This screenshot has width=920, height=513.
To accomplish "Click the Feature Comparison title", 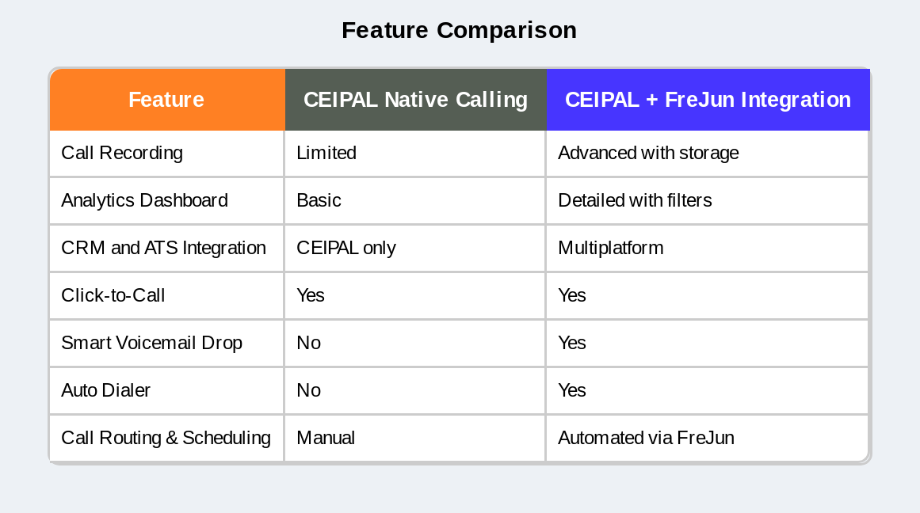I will point(459,30).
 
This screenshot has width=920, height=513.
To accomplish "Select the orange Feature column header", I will point(166,100).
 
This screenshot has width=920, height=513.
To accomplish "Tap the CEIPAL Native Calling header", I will point(415,100).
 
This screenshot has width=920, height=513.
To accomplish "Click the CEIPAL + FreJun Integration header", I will point(708,100).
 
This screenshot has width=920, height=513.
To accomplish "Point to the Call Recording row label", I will point(122,153).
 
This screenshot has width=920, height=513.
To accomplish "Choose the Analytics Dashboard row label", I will point(144,200).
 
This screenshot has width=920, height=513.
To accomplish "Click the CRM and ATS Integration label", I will point(163,248).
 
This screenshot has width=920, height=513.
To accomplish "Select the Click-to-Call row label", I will point(113,295).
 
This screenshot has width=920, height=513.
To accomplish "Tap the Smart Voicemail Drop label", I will point(151,343).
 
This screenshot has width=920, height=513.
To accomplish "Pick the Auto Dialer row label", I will point(105,390).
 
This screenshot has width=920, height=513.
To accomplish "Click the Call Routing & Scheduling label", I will point(166,438).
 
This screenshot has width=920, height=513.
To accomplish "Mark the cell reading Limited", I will point(326,153).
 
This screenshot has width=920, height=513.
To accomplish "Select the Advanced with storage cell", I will point(648,153).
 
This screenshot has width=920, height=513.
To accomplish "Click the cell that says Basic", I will point(319,200).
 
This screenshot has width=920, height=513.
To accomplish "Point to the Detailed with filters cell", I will point(635,200).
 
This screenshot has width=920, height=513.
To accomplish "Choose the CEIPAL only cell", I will point(346,248).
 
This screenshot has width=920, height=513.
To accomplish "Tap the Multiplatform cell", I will point(610,248).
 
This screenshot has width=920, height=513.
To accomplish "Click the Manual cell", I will point(326,438).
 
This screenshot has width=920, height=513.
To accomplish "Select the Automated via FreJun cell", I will point(646,438).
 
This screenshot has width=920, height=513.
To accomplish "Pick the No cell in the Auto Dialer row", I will point(308,390).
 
